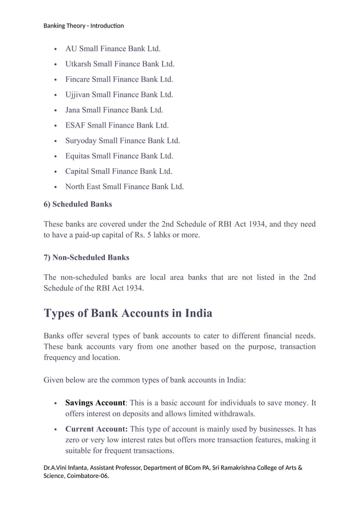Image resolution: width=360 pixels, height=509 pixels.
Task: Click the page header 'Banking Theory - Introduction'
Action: pos(84,25)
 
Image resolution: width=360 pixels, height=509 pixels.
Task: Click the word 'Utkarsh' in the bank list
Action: pos(79,64)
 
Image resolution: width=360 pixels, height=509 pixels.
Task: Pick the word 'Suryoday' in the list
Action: pos(81,141)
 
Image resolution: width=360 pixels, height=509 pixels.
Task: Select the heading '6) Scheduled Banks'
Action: pos(77,204)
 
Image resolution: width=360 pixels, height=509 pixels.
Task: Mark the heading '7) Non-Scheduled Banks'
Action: pos(86,257)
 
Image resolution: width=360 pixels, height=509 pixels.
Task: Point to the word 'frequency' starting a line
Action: pos(60,357)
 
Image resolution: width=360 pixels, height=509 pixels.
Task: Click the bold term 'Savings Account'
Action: pos(95,403)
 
